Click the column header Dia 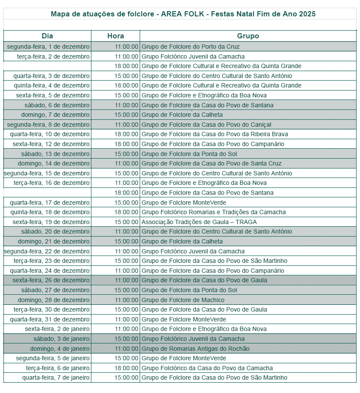[47, 36]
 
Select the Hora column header [116, 36]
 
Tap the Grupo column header [248, 36]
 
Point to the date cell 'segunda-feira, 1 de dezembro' [48, 47]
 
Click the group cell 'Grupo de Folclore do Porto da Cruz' [191, 47]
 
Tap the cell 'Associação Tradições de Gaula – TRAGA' [199, 222]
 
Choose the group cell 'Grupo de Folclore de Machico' [183, 300]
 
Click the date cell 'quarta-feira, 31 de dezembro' [50, 319]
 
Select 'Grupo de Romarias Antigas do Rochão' [195, 349]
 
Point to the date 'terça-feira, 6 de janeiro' [58, 368]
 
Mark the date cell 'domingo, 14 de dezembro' [53, 163]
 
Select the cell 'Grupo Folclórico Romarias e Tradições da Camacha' [213, 212]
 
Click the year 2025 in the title [307, 14]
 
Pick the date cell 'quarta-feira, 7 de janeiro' [56, 377]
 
